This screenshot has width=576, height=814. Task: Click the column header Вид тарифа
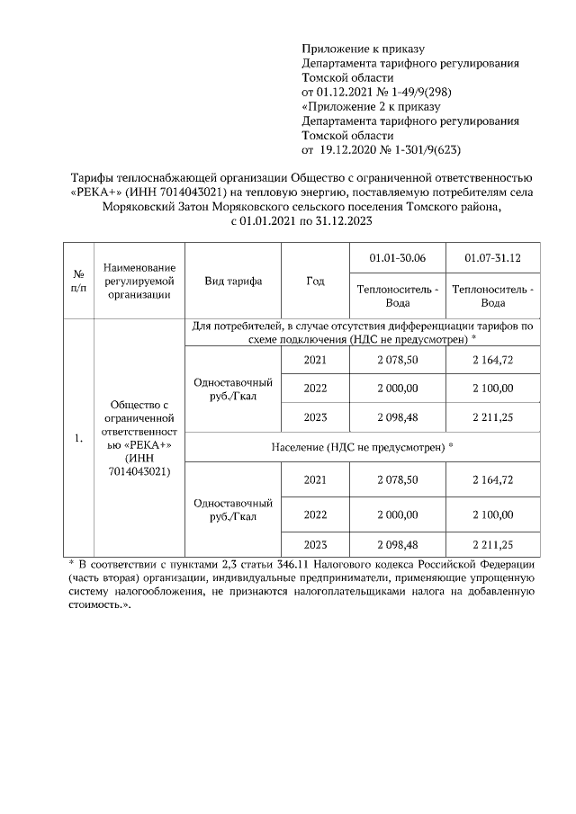coord(233,281)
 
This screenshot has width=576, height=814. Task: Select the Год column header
coord(314,281)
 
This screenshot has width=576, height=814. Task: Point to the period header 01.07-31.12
coord(492,258)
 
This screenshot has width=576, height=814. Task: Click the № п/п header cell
coord(78,281)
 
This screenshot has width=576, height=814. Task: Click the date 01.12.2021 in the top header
coord(337,92)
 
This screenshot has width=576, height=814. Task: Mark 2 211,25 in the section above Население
coord(492,418)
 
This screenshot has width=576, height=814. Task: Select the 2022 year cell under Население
coord(314,514)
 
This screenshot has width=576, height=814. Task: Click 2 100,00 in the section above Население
coord(492,388)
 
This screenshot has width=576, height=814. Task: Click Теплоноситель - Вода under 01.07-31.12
coord(492,296)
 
